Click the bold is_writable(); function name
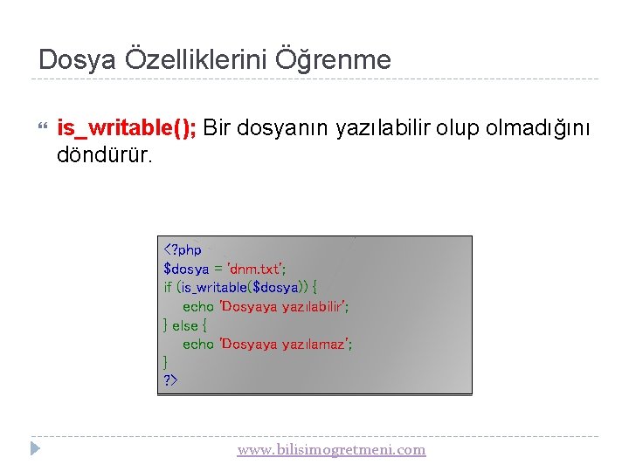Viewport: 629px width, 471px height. click(x=128, y=128)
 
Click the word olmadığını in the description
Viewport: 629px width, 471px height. click(x=539, y=128)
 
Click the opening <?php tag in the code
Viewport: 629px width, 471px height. click(x=183, y=250)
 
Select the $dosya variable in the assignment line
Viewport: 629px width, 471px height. click(x=186, y=269)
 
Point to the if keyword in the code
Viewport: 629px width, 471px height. click(x=168, y=287)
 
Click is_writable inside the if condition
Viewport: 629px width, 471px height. click(x=214, y=287)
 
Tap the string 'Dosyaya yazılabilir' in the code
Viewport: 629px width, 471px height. click(x=284, y=306)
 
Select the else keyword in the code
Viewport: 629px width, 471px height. click(x=184, y=325)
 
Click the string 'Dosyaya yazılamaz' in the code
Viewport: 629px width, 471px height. click(x=286, y=344)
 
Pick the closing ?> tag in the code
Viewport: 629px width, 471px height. click(x=169, y=380)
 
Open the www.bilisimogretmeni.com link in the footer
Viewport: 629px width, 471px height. click(x=331, y=449)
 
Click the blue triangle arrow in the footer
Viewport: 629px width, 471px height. click(x=35, y=449)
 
